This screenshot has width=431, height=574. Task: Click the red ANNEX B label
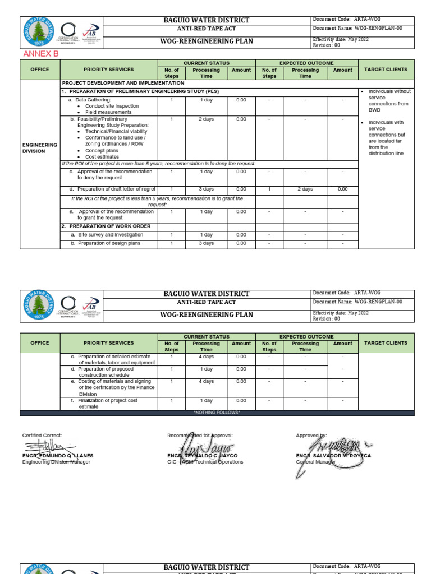[40, 54]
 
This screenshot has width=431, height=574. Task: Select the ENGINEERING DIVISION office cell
[40, 148]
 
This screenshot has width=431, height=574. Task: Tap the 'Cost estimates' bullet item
[105, 157]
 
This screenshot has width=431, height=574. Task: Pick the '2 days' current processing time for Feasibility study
[206, 119]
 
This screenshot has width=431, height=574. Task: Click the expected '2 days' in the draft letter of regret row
[305, 189]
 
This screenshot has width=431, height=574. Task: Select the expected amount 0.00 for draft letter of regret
[342, 189]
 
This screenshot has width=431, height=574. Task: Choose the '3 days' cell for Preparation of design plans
[206, 244]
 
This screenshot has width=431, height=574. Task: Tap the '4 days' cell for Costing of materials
[206, 382]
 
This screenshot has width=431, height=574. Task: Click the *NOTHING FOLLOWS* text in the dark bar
[217, 413]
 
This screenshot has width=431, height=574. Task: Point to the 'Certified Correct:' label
[42, 436]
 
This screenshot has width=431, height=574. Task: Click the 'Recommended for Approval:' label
[200, 436]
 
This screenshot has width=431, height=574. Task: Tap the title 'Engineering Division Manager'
[56, 462]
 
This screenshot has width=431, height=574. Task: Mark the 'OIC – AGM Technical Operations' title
[205, 462]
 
